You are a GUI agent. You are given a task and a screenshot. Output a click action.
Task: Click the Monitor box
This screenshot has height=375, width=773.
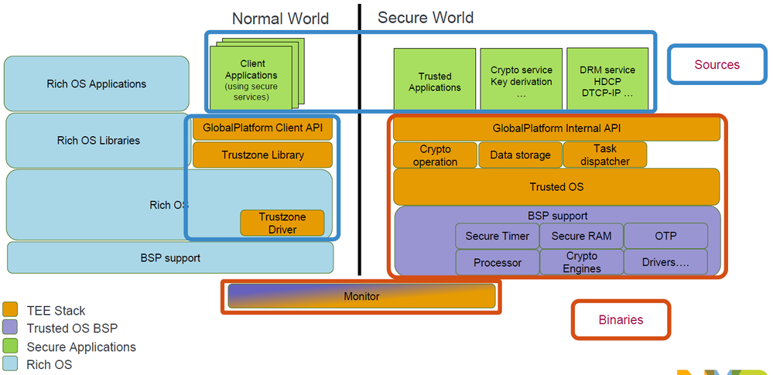point(361,296)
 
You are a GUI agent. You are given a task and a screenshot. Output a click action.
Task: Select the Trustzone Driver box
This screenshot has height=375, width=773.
point(282,223)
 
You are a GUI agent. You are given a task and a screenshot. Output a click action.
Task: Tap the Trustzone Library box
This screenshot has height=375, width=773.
point(262,155)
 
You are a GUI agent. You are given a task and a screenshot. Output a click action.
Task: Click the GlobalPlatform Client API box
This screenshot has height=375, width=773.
point(262,128)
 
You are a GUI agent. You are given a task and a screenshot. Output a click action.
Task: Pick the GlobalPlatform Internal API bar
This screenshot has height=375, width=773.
point(556,128)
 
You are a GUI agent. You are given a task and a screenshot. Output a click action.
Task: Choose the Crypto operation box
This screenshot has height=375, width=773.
point(435,155)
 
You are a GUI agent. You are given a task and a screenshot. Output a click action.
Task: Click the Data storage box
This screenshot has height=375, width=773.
point(520,155)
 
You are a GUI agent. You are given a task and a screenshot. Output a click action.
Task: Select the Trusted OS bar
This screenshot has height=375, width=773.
point(556,186)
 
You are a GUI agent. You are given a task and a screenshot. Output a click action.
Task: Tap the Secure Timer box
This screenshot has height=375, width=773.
point(497,236)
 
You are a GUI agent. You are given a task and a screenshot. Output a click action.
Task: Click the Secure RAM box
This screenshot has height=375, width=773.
point(581,236)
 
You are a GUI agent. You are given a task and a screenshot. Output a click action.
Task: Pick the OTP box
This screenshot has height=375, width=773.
point(665,236)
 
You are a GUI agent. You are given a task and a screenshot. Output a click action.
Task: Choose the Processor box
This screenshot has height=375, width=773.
point(497,262)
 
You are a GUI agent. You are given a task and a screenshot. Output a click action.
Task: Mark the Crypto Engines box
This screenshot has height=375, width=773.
point(581,262)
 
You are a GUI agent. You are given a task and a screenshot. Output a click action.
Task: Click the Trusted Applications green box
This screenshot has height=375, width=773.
point(435,81)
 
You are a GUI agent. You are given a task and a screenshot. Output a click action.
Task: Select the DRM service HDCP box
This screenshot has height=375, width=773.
point(607,81)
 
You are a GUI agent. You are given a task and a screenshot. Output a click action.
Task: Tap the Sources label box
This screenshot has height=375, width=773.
point(717,64)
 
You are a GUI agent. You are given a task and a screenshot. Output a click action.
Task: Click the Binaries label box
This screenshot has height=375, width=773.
point(621,319)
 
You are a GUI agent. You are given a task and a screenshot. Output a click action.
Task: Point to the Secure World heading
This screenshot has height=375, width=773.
point(426,17)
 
